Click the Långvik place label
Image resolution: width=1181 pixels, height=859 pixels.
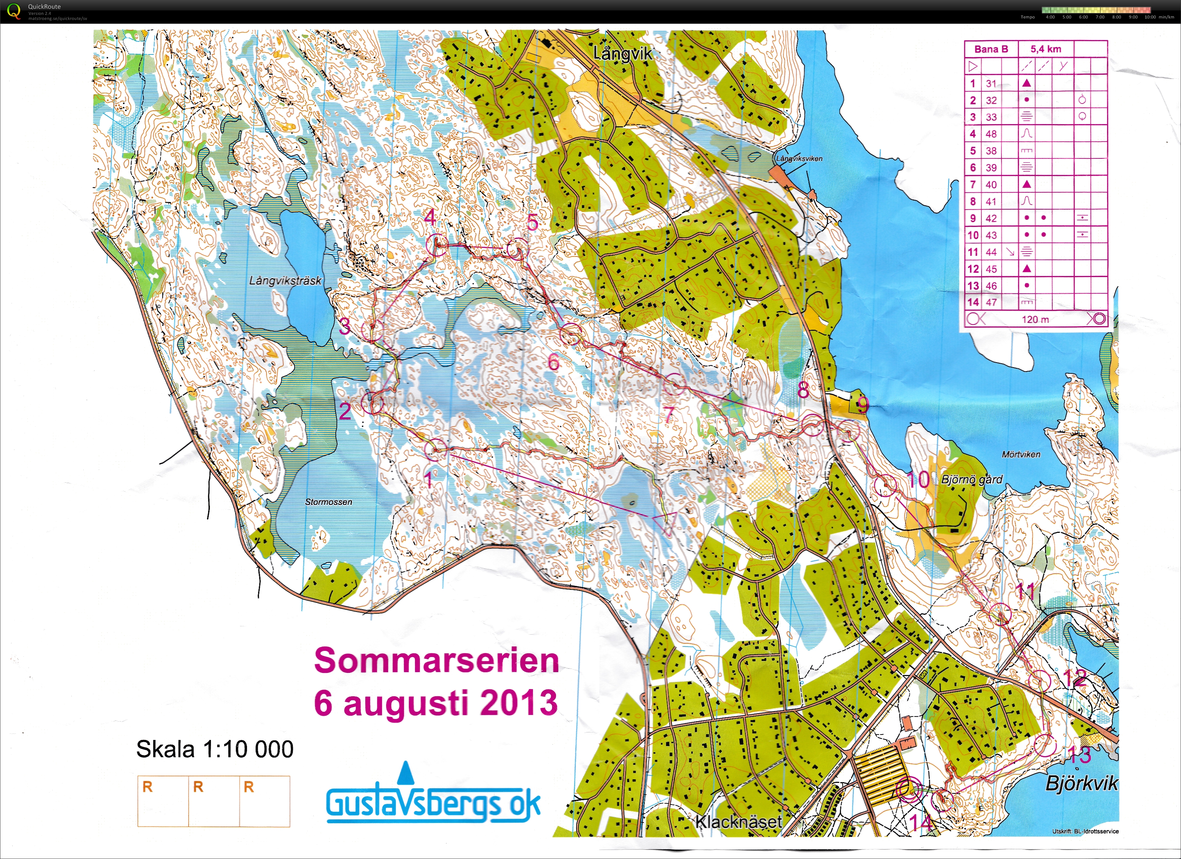[x=622, y=53]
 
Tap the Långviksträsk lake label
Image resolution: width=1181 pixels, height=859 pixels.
[x=285, y=281]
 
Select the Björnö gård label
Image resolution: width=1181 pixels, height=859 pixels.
[x=972, y=479]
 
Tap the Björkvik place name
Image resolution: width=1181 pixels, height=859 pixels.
[x=1081, y=784]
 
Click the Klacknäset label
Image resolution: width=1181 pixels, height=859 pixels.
[x=739, y=822]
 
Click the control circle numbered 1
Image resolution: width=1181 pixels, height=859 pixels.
[x=435, y=450]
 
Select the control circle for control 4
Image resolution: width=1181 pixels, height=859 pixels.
[x=437, y=245]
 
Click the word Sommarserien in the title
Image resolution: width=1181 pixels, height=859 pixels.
[x=436, y=661]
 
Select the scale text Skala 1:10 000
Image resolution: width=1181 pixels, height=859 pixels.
[x=215, y=749]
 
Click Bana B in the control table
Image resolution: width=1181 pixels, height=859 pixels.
[x=991, y=49]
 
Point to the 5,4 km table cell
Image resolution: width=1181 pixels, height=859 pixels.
[x=1046, y=49]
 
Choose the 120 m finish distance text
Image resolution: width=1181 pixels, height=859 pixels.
[x=1035, y=319]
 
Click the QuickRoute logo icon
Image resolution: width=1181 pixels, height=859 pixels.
[x=14, y=10]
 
